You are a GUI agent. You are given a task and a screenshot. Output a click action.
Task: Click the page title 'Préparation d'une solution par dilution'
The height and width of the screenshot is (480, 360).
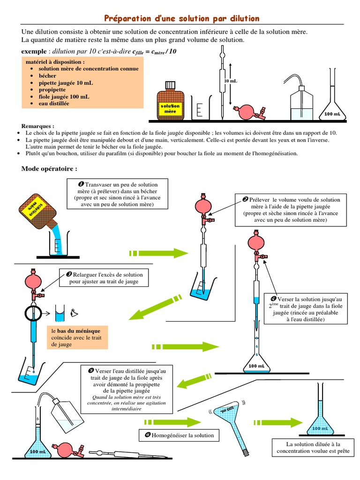pos(181,18)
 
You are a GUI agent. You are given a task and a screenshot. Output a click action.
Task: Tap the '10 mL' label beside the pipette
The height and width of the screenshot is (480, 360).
pos(231,81)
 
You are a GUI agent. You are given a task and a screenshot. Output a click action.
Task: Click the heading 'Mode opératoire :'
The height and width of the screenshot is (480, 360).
pos(49,169)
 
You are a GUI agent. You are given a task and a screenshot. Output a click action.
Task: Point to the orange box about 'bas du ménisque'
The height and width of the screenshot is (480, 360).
pos(77,337)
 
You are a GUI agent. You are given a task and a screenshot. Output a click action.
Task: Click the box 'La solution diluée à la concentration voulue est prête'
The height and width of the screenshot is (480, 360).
pos(313,448)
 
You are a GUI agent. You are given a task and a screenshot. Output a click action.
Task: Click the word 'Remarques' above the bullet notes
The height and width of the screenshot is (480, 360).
pos(37,127)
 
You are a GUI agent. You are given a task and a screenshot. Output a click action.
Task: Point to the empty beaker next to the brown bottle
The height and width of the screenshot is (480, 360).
pos(200,110)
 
